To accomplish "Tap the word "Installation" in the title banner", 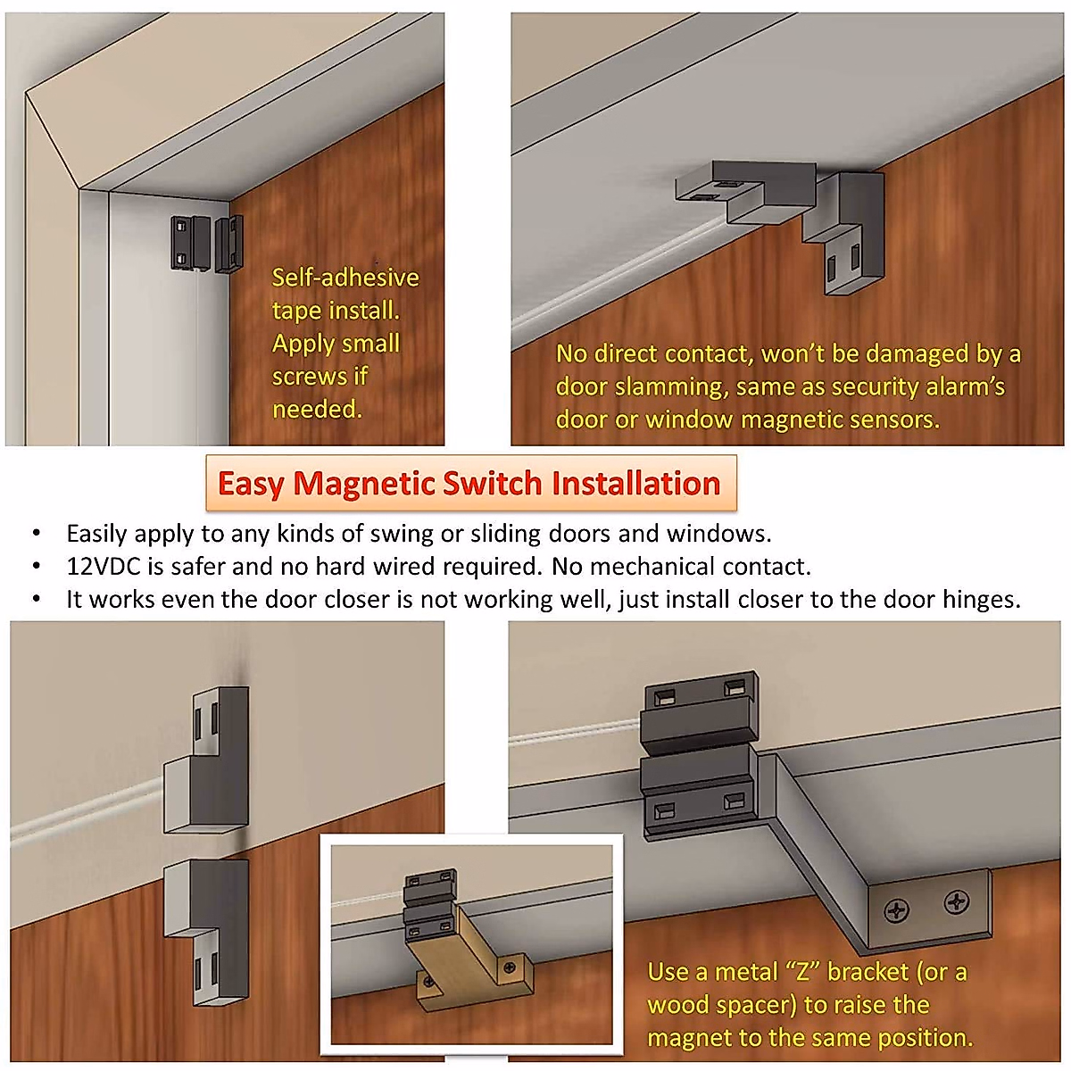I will tap(635, 484).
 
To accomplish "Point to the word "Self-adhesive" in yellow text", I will tap(345, 278).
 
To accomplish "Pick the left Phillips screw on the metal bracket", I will tap(896, 909).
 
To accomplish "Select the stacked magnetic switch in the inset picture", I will tap(429, 907).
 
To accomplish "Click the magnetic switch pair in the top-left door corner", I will tap(206, 244).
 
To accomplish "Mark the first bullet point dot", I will tap(37, 534).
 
